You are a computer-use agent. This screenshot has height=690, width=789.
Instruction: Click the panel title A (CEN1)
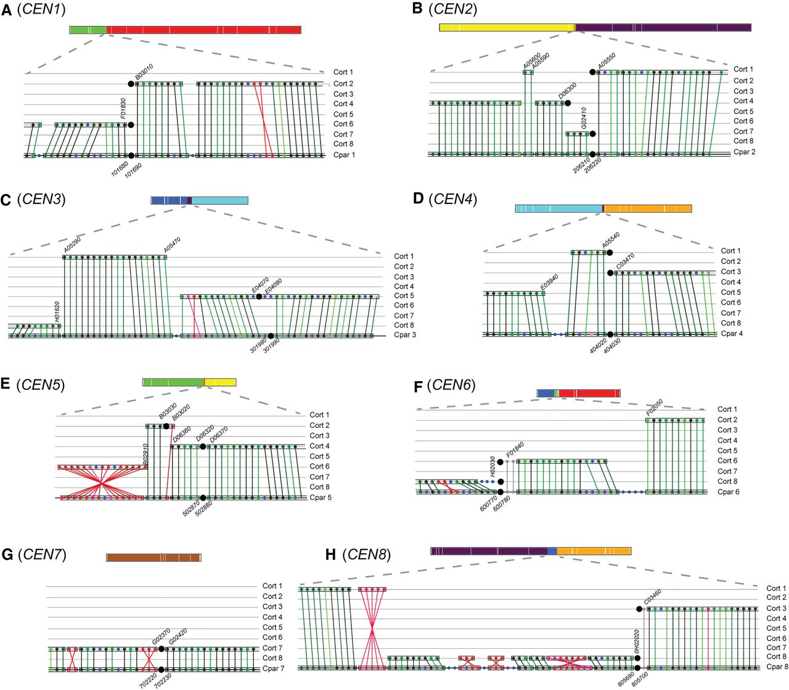[34, 9]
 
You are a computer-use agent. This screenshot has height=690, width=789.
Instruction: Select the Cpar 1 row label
[344, 155]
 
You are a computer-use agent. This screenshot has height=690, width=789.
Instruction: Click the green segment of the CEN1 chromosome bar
[88, 30]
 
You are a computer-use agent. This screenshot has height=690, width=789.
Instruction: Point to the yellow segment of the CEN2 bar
[506, 27]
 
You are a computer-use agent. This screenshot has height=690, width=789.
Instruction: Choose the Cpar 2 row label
[744, 152]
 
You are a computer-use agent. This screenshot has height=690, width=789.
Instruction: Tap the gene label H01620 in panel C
[57, 312]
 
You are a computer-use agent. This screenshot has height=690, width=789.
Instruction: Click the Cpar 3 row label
[405, 335]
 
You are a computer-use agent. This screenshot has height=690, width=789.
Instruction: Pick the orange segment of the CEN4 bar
[647, 208]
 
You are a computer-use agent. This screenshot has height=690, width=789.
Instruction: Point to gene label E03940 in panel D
[549, 282]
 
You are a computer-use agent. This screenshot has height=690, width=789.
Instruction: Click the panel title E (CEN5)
[33, 384]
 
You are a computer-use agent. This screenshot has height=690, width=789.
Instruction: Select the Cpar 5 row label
[321, 498]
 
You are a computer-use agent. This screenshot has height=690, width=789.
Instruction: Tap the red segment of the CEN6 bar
[589, 393]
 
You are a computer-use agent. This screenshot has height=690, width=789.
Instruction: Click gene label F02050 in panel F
[654, 408]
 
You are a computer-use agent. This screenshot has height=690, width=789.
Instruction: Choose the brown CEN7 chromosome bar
[153, 557]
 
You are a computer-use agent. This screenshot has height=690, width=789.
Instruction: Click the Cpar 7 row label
[273, 668]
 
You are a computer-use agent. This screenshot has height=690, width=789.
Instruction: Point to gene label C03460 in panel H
[652, 596]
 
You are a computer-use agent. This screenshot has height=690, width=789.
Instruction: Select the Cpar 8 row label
[777, 667]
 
